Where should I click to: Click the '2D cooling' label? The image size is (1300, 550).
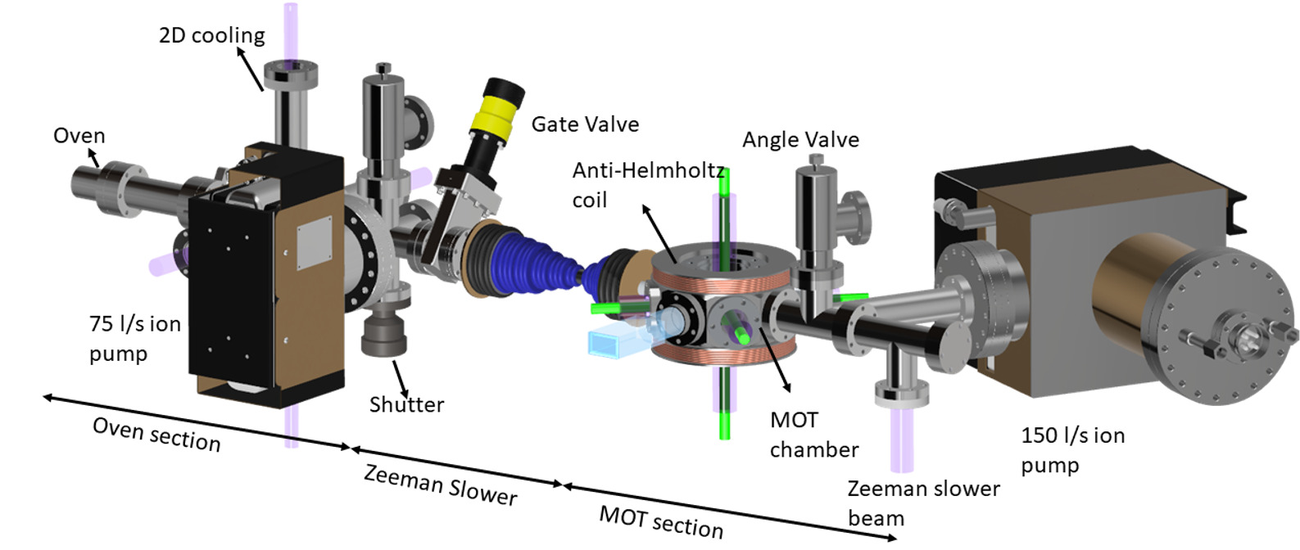211,35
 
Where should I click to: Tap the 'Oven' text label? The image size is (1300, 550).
79,135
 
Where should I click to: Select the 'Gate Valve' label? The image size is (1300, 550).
585,124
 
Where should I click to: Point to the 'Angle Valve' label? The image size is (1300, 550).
800,140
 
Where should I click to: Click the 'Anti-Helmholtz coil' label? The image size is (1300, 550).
647,185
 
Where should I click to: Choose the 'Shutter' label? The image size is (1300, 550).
406,404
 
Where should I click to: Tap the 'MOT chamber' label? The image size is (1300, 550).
813,435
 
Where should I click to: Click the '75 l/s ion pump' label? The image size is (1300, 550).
134,338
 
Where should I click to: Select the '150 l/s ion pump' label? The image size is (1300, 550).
1072,449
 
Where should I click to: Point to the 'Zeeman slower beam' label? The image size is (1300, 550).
923,503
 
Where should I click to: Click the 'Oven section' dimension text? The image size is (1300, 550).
156,434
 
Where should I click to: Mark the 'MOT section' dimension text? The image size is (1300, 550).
661,521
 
